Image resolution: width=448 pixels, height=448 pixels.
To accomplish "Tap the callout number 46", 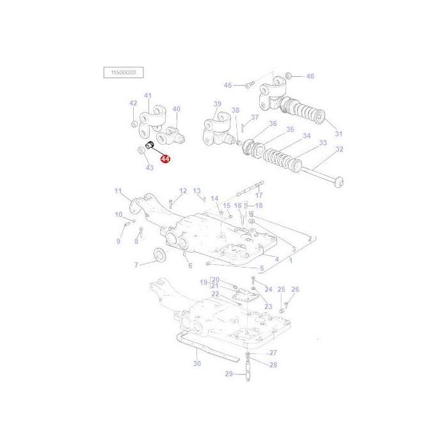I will pyautogui.click(x=310, y=76).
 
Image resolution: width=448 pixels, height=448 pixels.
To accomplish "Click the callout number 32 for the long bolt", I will pyautogui.click(x=339, y=149).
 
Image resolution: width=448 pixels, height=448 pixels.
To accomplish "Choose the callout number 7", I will pyautogui.click(x=136, y=264).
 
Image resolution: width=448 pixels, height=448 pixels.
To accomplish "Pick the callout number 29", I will pyautogui.click(x=228, y=374).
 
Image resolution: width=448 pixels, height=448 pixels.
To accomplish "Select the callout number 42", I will pyautogui.click(x=133, y=103).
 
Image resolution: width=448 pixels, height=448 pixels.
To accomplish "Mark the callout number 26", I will pyautogui.click(x=295, y=289).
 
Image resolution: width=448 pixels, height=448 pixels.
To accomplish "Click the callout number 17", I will pyautogui.click(x=259, y=195).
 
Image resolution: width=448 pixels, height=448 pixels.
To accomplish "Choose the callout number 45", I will pyautogui.click(x=228, y=85).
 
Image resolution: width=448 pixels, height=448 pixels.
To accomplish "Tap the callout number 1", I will pyautogui.click(x=290, y=260).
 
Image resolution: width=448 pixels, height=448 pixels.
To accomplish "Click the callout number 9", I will pyautogui.click(x=118, y=241).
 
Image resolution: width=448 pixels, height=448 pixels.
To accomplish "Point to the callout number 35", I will pyautogui.click(x=290, y=129).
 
